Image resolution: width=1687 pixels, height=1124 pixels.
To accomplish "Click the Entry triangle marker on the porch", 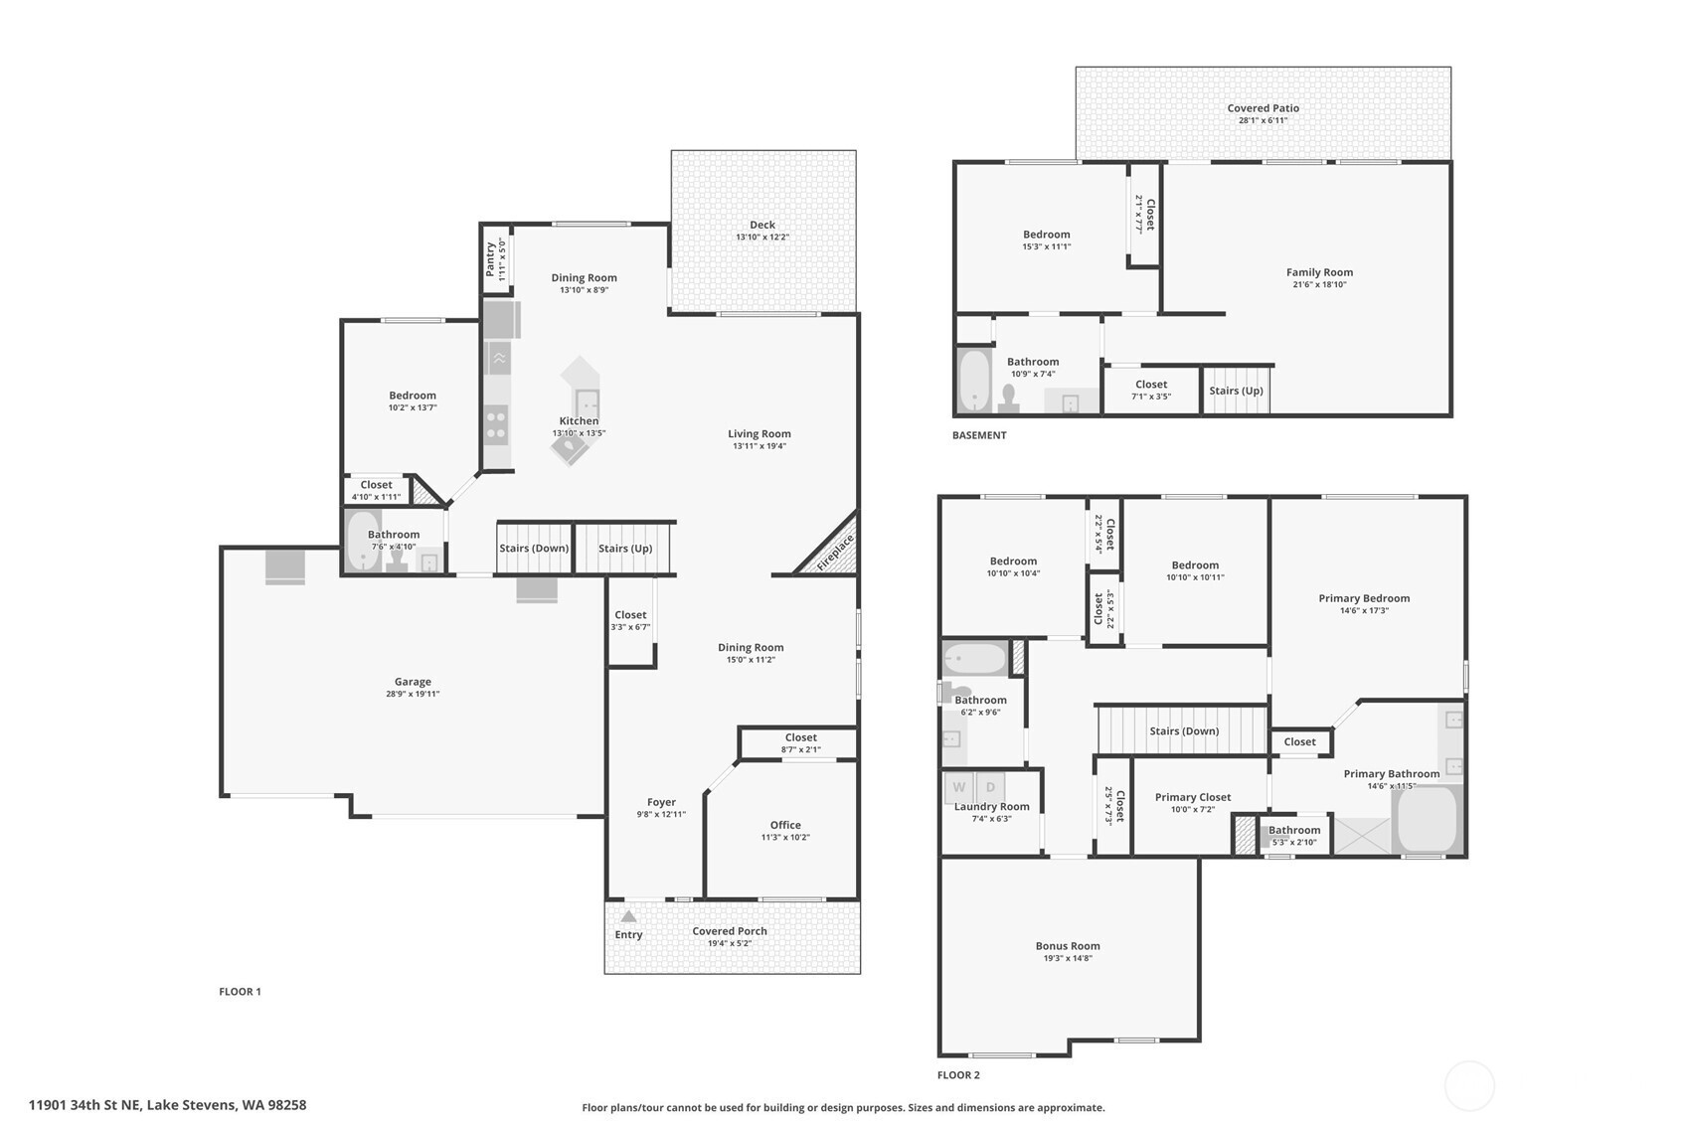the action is pyautogui.click(x=629, y=916).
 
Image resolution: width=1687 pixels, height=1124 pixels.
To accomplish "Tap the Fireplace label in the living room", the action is pyautogui.click(x=835, y=552).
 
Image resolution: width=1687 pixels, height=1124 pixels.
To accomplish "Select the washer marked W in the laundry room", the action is pyautogui.click(x=958, y=787).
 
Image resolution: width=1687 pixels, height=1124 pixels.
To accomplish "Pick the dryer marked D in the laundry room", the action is pyautogui.click(x=990, y=787).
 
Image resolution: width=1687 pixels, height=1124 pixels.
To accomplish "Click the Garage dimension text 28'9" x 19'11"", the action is pyautogui.click(x=413, y=694).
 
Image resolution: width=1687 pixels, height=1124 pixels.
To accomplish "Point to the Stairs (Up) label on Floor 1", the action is pyautogui.click(x=625, y=548).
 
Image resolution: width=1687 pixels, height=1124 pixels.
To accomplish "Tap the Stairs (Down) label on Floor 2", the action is pyautogui.click(x=1184, y=731).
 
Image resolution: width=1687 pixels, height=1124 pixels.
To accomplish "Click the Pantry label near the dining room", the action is pyautogui.click(x=490, y=259).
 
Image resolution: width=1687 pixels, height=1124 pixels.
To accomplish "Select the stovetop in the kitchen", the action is pyautogui.click(x=496, y=424).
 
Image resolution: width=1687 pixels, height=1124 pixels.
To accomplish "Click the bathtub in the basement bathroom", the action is pyautogui.click(x=974, y=381).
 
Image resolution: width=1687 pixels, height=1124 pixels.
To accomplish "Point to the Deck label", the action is pyautogui.click(x=762, y=225).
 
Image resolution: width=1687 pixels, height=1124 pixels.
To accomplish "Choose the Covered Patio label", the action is pyautogui.click(x=1263, y=108).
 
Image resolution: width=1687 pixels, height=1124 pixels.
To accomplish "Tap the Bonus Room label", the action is pyautogui.click(x=1068, y=946).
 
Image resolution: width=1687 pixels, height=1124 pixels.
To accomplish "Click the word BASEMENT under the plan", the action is pyautogui.click(x=979, y=435).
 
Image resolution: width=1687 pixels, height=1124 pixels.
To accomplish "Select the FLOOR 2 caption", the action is pyautogui.click(x=958, y=1075).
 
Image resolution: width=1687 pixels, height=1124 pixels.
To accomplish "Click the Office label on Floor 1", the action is pyautogui.click(x=785, y=825).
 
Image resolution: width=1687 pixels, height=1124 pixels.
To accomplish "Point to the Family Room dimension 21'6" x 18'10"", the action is pyautogui.click(x=1319, y=284).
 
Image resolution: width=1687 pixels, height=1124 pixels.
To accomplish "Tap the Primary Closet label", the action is pyautogui.click(x=1193, y=797).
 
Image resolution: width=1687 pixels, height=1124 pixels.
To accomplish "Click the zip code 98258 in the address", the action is pyautogui.click(x=287, y=1105).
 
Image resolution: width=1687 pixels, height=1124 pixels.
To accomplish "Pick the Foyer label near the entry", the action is pyautogui.click(x=661, y=803).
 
